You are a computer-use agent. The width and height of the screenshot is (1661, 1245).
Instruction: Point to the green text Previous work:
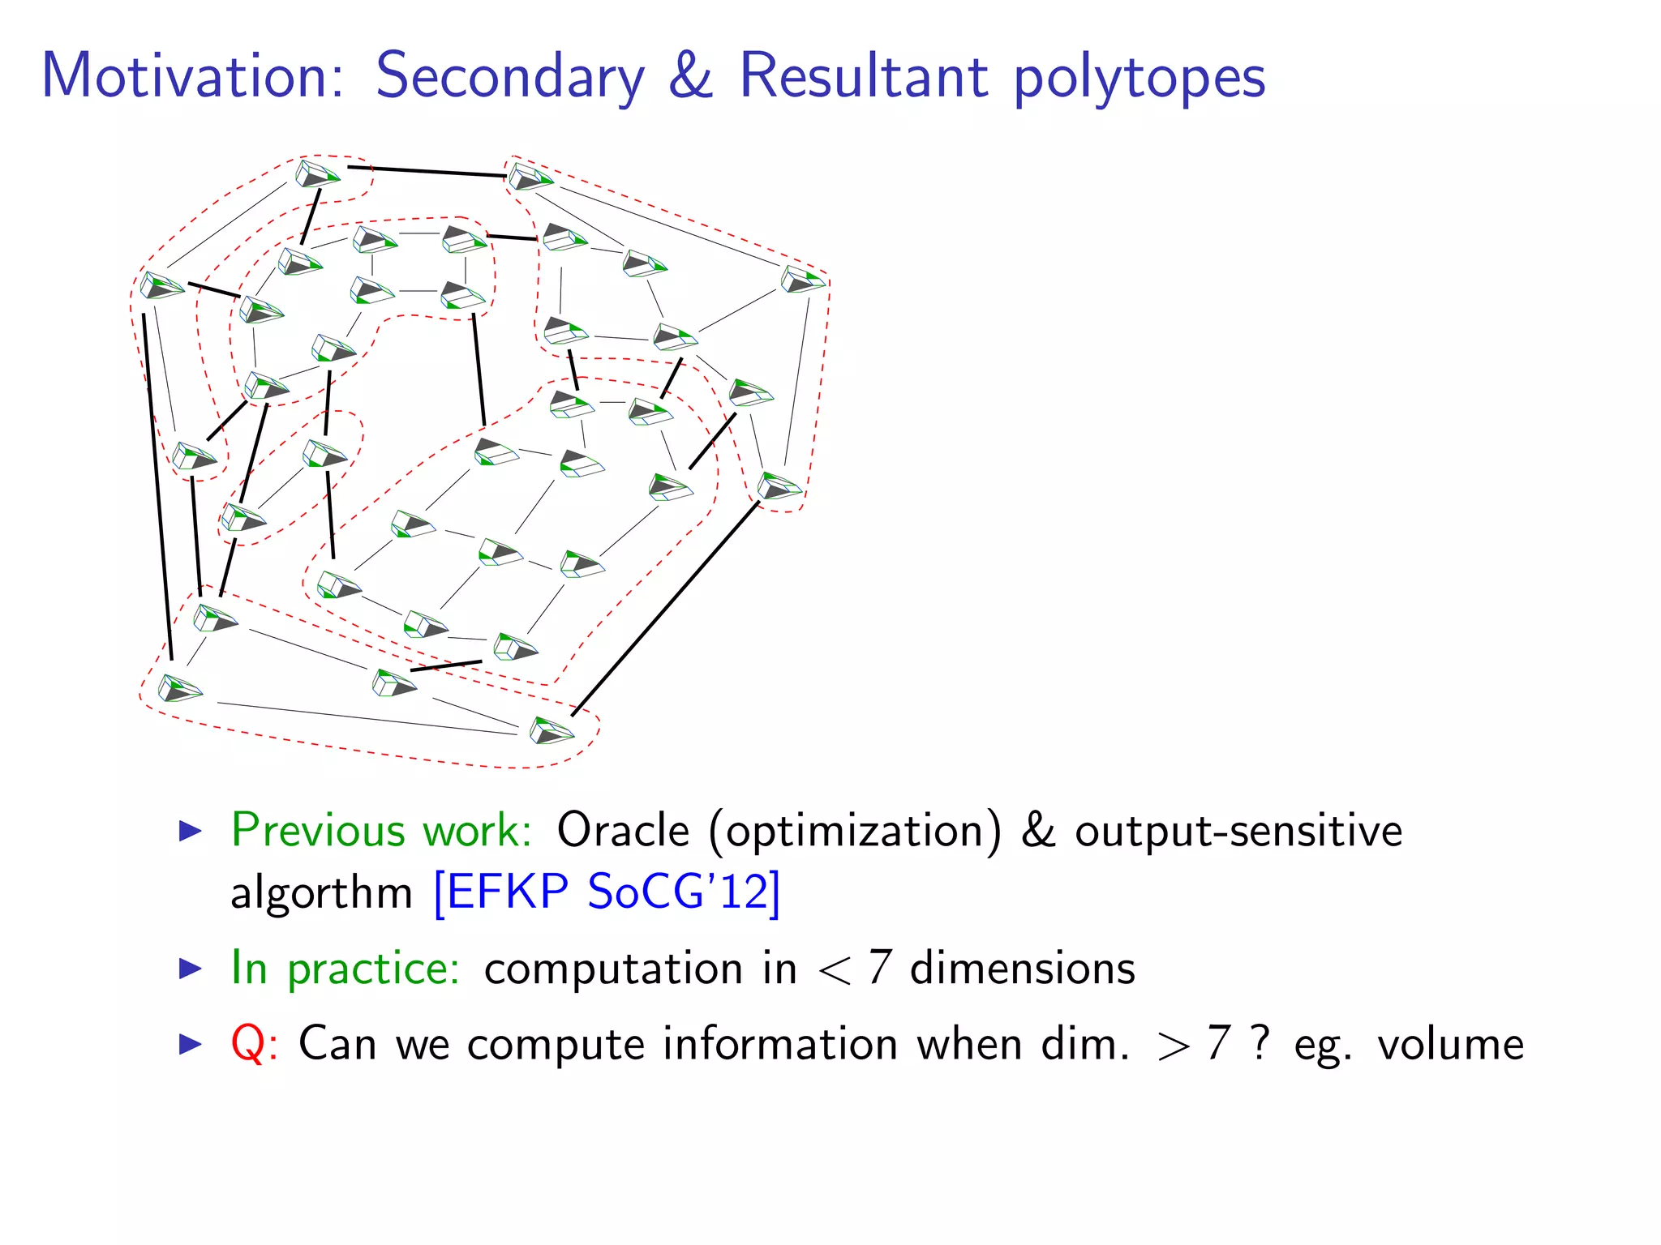pyautogui.click(x=381, y=830)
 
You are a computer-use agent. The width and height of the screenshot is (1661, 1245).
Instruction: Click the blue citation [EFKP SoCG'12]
pyautogui.click(x=607, y=892)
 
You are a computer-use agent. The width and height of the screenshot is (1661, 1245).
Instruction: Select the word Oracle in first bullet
pyautogui.click(x=623, y=830)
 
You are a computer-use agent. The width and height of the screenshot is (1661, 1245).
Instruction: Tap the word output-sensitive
pyautogui.click(x=1238, y=832)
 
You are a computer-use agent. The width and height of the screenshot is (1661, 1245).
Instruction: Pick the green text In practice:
pyautogui.click(x=346, y=968)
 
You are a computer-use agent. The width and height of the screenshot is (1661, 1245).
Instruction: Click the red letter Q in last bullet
pyautogui.click(x=247, y=1043)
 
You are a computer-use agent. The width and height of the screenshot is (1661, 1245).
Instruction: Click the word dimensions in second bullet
pyautogui.click(x=1022, y=968)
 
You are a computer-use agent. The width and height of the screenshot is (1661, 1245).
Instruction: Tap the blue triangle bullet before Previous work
pyautogui.click(x=190, y=830)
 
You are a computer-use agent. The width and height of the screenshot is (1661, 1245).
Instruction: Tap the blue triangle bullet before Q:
pyautogui.click(x=190, y=1043)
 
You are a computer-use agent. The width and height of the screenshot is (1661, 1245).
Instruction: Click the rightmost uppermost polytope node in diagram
pyautogui.click(x=802, y=280)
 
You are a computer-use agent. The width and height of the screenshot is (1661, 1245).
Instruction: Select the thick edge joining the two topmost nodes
pyautogui.click(x=427, y=171)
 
